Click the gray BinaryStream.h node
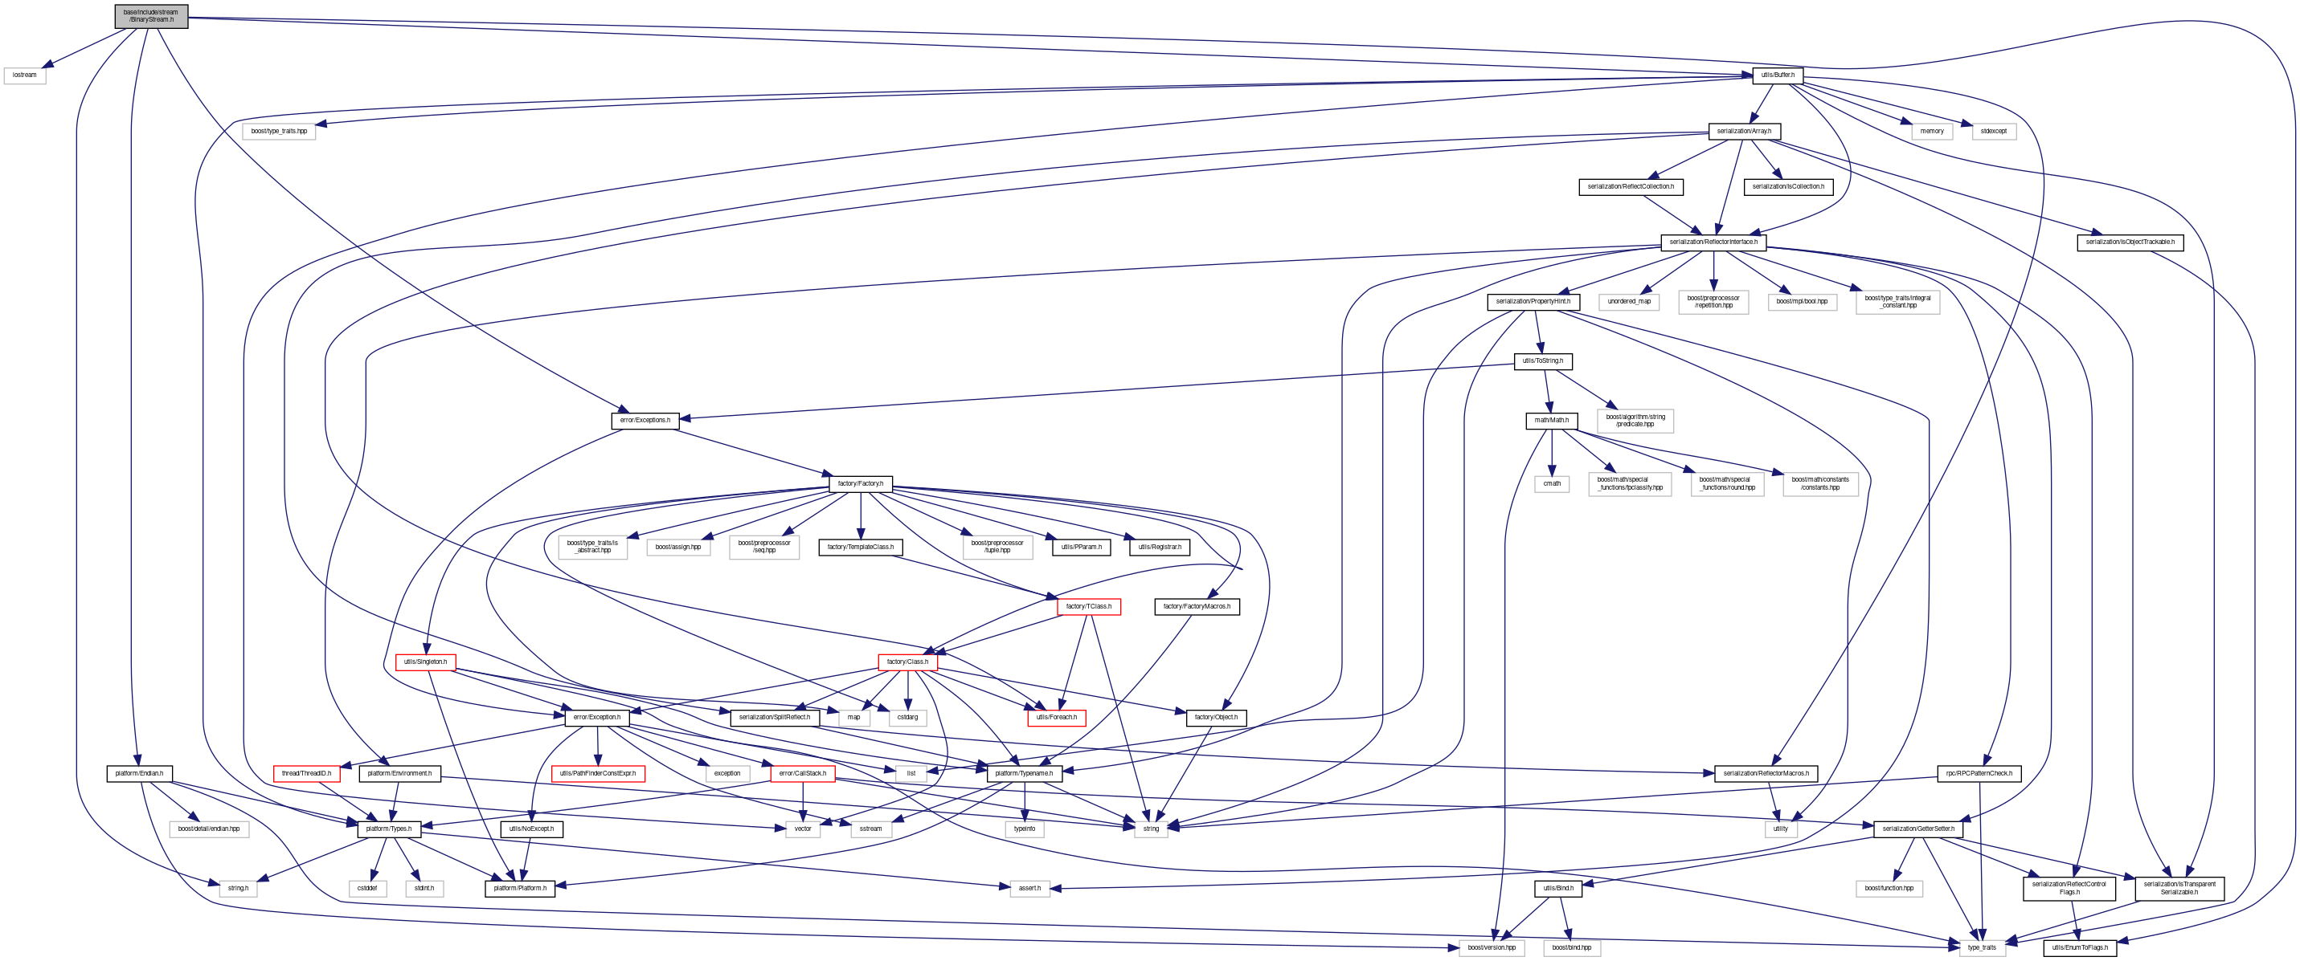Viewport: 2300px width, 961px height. point(151,16)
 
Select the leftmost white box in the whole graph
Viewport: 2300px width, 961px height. point(24,75)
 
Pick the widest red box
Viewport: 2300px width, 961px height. point(598,774)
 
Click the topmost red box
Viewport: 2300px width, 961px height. point(1088,607)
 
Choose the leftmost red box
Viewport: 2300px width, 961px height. point(306,774)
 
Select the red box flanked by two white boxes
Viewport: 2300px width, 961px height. point(802,774)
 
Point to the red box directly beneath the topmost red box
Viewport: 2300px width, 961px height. point(1056,719)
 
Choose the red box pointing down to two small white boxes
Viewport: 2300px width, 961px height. point(907,662)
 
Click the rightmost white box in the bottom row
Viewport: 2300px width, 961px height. point(1982,947)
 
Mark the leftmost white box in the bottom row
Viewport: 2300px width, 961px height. point(1491,947)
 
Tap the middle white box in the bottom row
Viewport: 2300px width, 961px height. point(1571,947)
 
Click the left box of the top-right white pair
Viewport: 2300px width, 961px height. point(1931,131)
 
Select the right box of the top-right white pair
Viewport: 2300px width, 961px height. point(1994,131)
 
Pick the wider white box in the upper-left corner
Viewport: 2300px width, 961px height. point(279,131)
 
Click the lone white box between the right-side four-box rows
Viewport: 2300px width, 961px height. point(1635,420)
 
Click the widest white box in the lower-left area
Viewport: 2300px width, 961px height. point(209,829)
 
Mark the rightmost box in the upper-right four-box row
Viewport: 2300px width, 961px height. point(1897,303)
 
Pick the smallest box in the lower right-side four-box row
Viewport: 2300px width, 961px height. point(1551,483)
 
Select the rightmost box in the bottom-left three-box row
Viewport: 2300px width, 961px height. point(424,888)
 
